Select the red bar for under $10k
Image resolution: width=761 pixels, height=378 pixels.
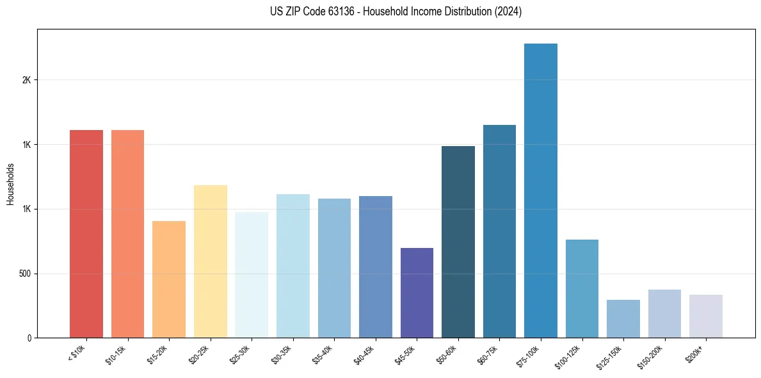86,234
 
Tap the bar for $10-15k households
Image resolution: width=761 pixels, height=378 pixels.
127,234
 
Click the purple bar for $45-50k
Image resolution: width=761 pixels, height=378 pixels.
417,293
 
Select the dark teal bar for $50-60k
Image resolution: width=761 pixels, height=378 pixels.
458,242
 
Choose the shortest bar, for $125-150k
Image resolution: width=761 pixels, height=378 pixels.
623,318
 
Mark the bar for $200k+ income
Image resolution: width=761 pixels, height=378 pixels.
706,316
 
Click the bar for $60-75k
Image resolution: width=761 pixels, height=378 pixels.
499,231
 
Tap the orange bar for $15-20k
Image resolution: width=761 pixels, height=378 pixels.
169,279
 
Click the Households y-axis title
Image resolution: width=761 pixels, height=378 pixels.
11,183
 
